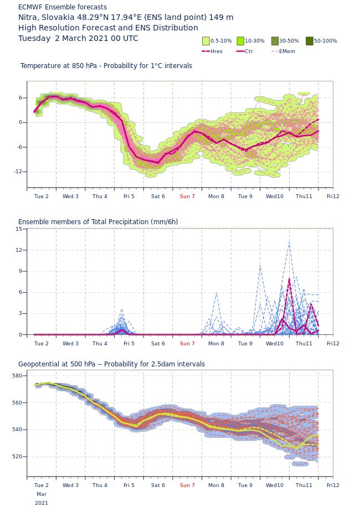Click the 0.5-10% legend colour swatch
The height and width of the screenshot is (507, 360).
tap(206, 41)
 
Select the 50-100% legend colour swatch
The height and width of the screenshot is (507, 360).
tap(310, 41)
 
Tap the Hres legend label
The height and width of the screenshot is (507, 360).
tap(217, 51)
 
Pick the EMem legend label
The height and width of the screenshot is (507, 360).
tap(287, 51)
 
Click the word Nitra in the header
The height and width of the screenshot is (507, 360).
tap(28, 18)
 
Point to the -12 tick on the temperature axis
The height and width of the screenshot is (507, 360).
tap(18, 172)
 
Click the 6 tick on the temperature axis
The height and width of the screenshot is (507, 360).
tap(20, 97)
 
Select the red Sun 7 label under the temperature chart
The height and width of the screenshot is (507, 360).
tap(187, 196)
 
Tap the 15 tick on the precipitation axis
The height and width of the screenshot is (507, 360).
tap(19, 229)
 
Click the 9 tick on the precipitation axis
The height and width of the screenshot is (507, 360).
tap(20, 271)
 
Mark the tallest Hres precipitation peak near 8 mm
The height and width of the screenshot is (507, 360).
tap(289, 279)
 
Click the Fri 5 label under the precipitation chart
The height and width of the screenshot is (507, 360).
tap(128, 343)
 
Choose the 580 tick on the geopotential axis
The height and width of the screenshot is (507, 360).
tap(18, 376)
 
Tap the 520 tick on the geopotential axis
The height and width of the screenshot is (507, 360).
tap(18, 457)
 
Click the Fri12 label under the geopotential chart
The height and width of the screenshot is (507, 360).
tap(333, 485)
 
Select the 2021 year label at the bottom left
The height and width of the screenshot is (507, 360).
tap(42, 503)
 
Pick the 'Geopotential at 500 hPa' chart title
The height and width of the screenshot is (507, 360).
tap(56, 364)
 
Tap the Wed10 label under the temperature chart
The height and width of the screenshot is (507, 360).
tap(274, 196)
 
